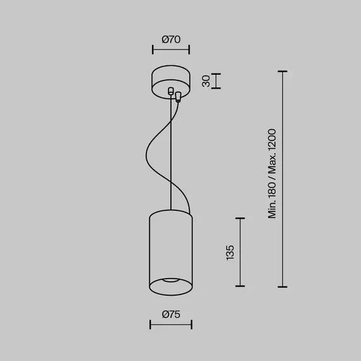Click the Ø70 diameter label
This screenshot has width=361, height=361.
pos(171,39)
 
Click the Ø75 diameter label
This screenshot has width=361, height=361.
pos(171,314)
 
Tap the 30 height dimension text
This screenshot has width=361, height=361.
pos(206,81)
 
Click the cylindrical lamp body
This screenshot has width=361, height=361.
pos(170,247)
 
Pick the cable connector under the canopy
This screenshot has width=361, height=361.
pos(178,97)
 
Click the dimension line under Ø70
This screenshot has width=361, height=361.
pos(171,49)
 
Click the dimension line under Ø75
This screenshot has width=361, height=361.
pos(170,325)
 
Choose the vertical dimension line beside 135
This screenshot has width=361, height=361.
pos(239,252)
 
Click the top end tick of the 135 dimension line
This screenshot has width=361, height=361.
pos(239,218)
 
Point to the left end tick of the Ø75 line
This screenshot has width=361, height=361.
pos(149,325)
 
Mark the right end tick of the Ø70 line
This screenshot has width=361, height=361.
pos(189,49)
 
